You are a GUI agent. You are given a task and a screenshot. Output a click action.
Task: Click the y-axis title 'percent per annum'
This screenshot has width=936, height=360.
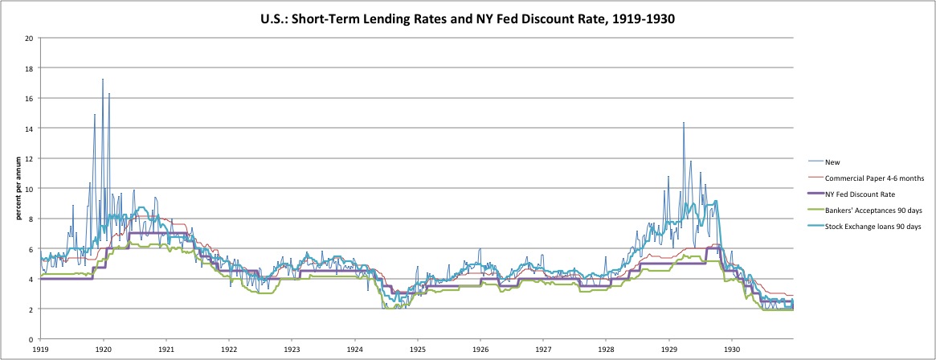13,189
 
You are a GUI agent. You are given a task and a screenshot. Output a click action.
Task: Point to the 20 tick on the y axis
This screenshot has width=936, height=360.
29,38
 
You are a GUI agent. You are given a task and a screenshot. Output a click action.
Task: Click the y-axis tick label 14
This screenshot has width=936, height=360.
29,129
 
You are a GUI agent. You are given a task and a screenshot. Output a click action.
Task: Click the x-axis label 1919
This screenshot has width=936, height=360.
41,350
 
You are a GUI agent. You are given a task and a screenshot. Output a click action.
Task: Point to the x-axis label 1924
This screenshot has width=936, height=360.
355,350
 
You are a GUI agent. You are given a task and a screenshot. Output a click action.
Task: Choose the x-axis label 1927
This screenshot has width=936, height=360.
543,350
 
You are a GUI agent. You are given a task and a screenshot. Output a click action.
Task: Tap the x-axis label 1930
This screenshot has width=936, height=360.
732,350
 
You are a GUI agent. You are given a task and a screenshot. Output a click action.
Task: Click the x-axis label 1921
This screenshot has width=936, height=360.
166,350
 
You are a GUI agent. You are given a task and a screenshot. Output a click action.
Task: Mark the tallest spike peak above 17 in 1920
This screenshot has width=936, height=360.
103,80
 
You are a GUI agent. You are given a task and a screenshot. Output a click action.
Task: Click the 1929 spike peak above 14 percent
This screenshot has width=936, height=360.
684,123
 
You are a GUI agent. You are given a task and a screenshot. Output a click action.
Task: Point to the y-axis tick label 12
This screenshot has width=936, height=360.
29,158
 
